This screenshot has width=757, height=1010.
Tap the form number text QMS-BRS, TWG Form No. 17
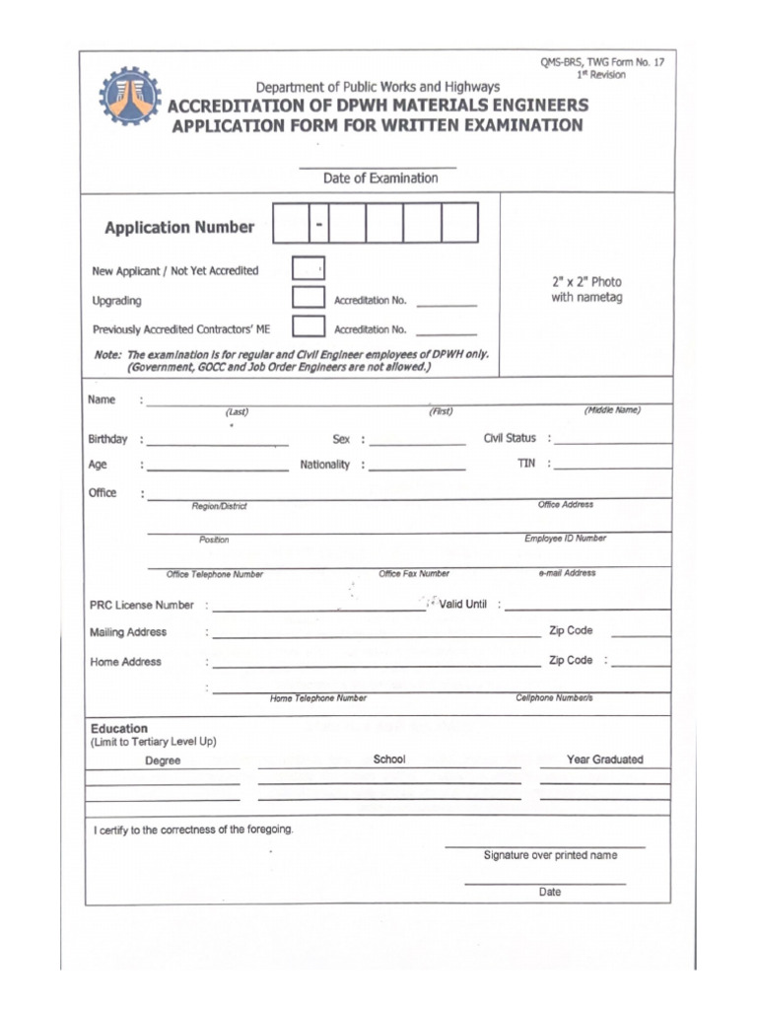(x=601, y=62)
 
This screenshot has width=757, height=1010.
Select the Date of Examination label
(x=380, y=179)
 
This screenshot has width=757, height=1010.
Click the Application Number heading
(x=179, y=228)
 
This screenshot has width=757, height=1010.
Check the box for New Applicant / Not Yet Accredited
(x=309, y=268)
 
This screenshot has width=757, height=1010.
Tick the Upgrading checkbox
(x=309, y=298)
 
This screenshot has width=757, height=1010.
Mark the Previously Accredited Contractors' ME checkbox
(x=309, y=326)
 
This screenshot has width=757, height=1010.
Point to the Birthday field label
(x=107, y=439)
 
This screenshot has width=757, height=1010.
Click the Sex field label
(x=341, y=439)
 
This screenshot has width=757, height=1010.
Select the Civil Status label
(x=510, y=438)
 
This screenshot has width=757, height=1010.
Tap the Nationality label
(x=325, y=465)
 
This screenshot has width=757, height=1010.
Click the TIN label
(x=526, y=464)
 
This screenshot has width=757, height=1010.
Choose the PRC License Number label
(x=142, y=605)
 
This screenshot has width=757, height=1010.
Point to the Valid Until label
(x=463, y=604)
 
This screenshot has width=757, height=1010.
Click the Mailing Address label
(x=128, y=632)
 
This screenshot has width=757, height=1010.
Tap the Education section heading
(x=119, y=729)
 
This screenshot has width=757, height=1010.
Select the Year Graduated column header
(x=604, y=759)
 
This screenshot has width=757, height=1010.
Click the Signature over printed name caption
(x=550, y=855)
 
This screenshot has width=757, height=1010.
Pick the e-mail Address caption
(x=567, y=573)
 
